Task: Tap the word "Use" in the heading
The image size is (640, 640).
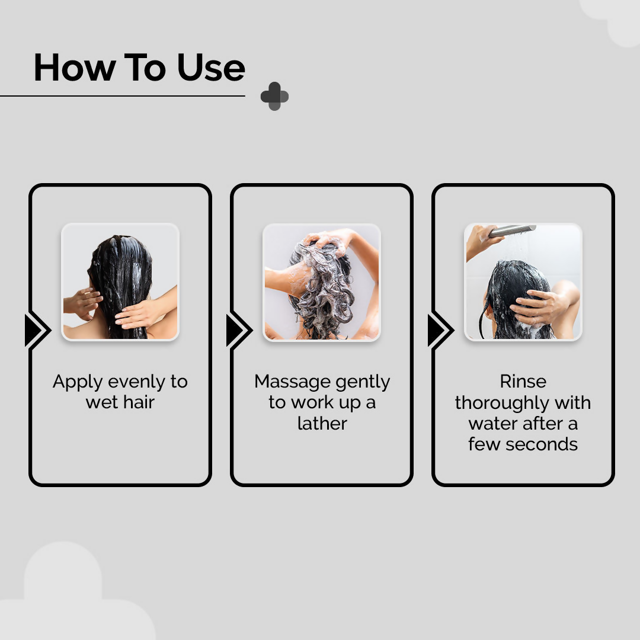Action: point(211,68)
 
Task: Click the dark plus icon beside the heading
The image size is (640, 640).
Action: point(274,96)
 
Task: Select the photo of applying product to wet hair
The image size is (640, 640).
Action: point(120,281)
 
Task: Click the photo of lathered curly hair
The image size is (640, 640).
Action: point(322,281)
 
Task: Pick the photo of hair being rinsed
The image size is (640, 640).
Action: point(523,281)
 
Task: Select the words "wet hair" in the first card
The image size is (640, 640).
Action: point(120,402)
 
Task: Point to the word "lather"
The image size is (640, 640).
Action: point(322,423)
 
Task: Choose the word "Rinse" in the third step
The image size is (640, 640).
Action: point(523,381)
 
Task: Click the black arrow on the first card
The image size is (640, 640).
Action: point(37,330)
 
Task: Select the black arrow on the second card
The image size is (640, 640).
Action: point(238,330)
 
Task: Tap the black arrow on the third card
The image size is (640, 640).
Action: point(440,330)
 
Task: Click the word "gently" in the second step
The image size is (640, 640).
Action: point(362,382)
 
